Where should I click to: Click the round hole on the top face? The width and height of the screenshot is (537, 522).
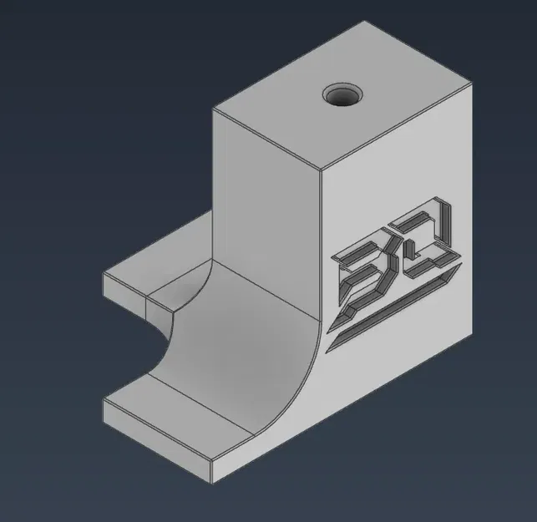point(342,96)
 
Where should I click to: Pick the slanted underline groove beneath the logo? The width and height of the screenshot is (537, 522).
point(393,309)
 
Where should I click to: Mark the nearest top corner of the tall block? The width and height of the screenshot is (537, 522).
point(322,170)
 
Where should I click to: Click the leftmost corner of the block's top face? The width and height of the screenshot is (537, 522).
point(214,109)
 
